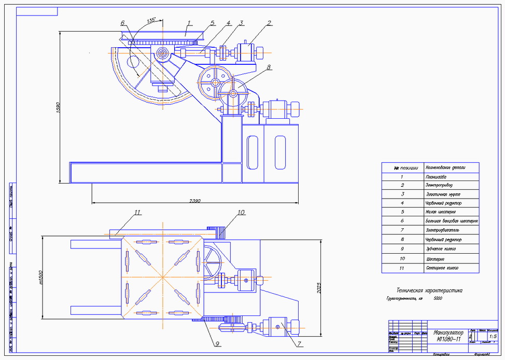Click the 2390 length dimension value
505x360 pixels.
[195, 201]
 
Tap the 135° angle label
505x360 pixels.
[151, 21]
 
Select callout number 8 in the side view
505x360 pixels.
[269, 67]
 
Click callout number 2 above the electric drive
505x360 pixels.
[269, 23]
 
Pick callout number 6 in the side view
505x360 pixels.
[122, 23]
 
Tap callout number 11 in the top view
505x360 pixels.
[137, 212]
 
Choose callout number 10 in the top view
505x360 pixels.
[241, 212]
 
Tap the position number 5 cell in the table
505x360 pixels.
[402, 212]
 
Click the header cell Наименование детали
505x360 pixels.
[445, 168]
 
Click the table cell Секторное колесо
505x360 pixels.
[442, 268]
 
